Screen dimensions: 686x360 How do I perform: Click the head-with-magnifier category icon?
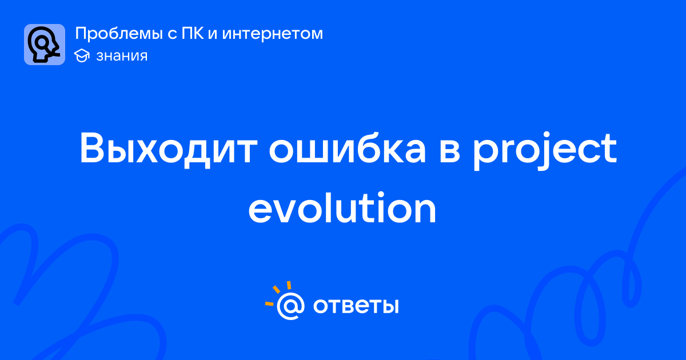coord(45,45)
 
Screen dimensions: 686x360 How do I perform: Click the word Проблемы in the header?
coord(119,34)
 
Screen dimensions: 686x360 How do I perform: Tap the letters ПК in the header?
coord(193,33)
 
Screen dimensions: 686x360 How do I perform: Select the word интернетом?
coord(273,34)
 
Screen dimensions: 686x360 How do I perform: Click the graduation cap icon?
coord(82,55)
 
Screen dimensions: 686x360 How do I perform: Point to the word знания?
coord(122,57)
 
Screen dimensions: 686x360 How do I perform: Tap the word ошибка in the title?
coord(348,148)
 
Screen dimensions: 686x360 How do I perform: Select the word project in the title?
coord(544,150)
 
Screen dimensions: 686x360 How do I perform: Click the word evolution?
coord(342,207)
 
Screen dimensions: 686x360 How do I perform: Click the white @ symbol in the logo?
coord(290,306)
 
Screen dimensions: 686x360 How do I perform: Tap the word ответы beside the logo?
coord(356,306)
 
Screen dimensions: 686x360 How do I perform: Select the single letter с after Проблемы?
coord(172,34)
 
